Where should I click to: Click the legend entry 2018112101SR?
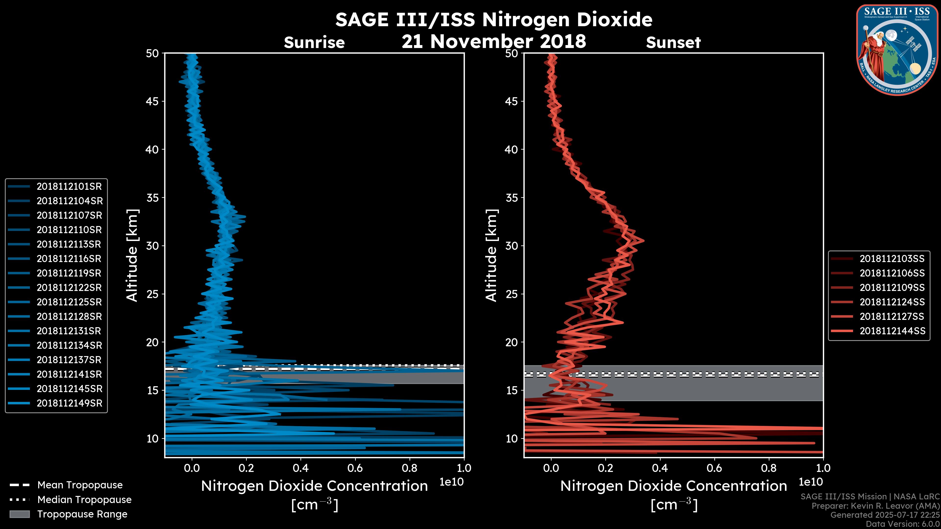pyautogui.click(x=69, y=187)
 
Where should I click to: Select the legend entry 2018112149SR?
pyautogui.click(x=69, y=403)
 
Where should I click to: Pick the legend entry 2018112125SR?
pyautogui.click(x=69, y=302)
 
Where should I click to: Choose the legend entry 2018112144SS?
pyautogui.click(x=892, y=331)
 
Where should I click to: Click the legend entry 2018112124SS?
pyautogui.click(x=892, y=302)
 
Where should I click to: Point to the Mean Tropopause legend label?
pyautogui.click(x=80, y=485)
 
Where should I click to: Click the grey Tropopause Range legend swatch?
pyautogui.click(x=19, y=514)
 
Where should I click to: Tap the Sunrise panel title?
pyautogui.click(x=314, y=43)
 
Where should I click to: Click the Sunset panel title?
pyautogui.click(x=673, y=43)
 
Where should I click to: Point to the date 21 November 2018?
pyautogui.click(x=494, y=41)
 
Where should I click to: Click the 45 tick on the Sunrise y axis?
pyautogui.click(x=152, y=101)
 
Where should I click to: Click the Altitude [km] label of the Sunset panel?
pyautogui.click(x=491, y=255)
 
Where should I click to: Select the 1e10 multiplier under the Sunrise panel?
pyautogui.click(x=451, y=482)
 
